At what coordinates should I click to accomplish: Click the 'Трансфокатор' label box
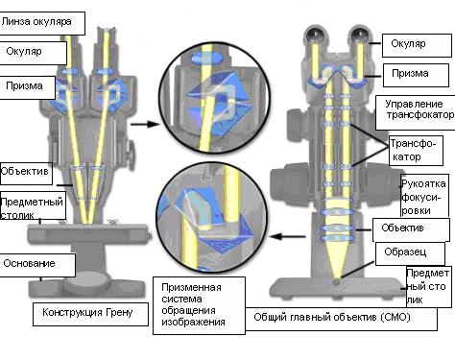pos(416,151)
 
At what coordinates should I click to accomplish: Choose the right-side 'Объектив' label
pos(411,229)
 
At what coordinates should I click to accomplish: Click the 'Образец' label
pos(410,253)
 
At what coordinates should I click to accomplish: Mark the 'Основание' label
pos(37,265)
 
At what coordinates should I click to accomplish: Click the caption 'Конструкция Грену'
pos(90,314)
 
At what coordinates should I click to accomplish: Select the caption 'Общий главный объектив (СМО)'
pos(341,319)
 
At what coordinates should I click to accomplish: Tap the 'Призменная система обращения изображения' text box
pos(199,305)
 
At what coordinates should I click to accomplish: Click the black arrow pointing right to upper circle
pos(145,124)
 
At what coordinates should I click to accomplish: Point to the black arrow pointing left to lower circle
pos(287,236)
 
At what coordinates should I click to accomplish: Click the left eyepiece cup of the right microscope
pos(315,35)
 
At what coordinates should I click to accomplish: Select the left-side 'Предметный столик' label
pos(33,207)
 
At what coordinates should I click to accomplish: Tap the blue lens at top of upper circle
pos(207,59)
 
